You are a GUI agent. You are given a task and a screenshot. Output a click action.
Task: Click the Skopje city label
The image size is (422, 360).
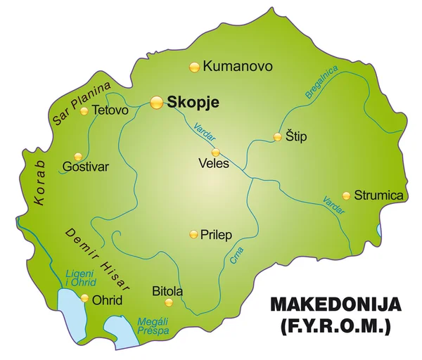(x=193, y=102)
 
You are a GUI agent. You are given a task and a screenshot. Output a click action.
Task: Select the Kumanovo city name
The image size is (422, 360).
(x=237, y=67)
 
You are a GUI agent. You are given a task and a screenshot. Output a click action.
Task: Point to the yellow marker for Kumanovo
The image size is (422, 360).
(x=194, y=67)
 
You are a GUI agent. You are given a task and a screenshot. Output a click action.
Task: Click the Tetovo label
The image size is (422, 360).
(x=110, y=110)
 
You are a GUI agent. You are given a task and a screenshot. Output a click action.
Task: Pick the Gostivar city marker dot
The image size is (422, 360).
(x=78, y=156)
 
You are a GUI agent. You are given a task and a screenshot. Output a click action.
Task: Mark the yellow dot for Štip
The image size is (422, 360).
(x=278, y=137)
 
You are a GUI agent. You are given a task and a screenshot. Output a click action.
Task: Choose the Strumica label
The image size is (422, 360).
(x=379, y=195)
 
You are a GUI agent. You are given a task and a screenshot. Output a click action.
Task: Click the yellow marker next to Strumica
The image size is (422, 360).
(x=346, y=195)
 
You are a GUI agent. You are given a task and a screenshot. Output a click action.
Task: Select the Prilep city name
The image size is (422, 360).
(x=216, y=234)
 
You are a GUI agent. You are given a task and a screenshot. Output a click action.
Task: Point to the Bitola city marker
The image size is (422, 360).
(x=168, y=302)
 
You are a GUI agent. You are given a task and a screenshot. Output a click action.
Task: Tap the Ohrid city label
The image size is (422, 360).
(x=107, y=300)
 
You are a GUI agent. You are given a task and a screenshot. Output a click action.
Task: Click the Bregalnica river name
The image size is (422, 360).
(x=321, y=82)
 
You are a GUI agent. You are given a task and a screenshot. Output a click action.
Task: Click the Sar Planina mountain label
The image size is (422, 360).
(x=82, y=103)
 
